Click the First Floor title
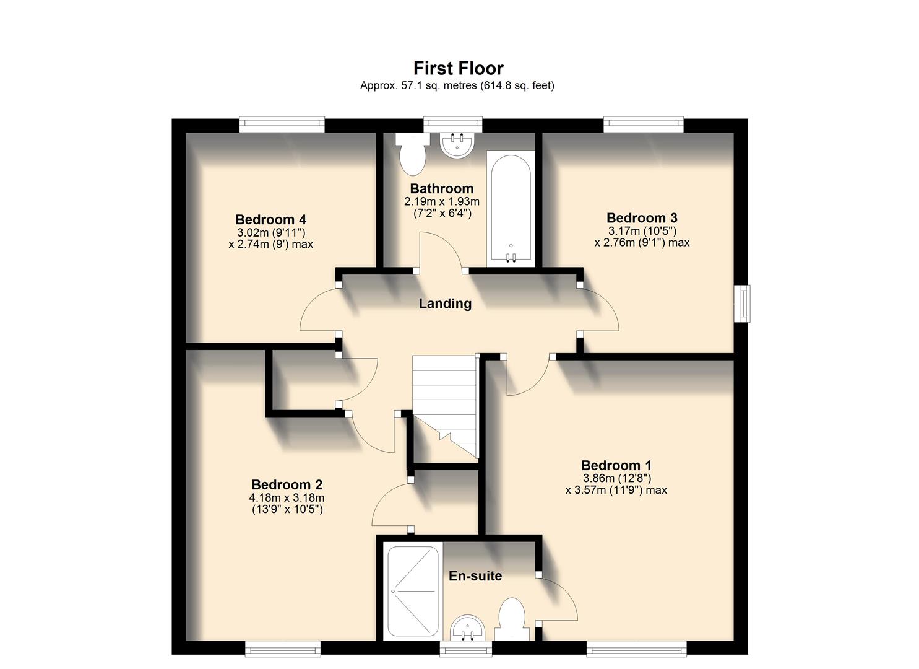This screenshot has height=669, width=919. tap(458, 68)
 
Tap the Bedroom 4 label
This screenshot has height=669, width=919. tap(270, 220)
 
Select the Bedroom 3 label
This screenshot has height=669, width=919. tap(642, 218)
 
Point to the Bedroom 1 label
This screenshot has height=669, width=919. tap(616, 465)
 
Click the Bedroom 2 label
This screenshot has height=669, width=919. tap(287, 485)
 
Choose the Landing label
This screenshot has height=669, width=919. tap(445, 304)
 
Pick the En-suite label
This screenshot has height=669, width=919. tap(475, 576)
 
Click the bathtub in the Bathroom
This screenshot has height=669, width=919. tap(511, 208)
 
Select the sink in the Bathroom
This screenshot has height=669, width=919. tap(457, 144)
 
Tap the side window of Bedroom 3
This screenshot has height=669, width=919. tap(742, 304)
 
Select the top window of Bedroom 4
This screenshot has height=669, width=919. tap(282, 125)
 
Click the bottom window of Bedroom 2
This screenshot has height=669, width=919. tap(282, 649)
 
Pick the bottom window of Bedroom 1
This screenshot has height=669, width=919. tap(636, 649)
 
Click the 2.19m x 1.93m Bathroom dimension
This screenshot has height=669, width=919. tap(441, 202)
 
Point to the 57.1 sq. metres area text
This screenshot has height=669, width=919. tap(418, 86)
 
